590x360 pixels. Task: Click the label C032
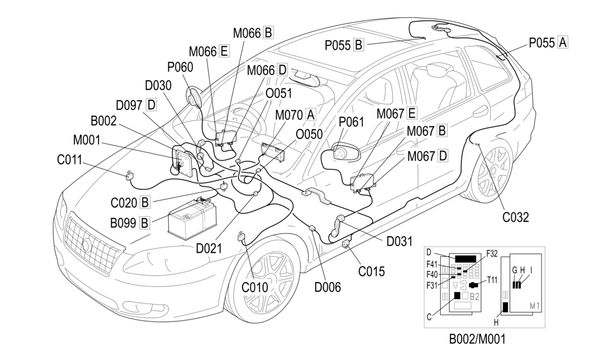click(x=515, y=217)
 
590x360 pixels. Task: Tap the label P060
click(x=180, y=67)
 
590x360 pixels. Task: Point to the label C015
click(x=372, y=271)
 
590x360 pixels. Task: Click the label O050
click(x=310, y=134)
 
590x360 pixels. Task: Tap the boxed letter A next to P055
click(x=563, y=42)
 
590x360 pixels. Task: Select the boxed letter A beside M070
click(x=311, y=114)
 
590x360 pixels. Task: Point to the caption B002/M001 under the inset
click(x=477, y=339)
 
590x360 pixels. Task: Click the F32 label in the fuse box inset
click(x=492, y=253)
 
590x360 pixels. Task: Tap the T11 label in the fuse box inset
click(x=492, y=281)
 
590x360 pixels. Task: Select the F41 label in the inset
click(x=433, y=264)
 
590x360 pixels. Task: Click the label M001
click(x=86, y=140)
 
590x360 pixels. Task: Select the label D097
click(x=129, y=105)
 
